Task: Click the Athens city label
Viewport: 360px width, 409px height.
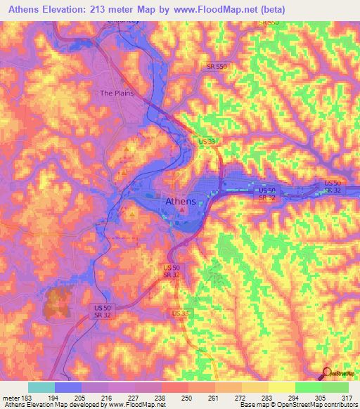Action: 180,201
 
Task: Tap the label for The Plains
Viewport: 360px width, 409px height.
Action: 116,93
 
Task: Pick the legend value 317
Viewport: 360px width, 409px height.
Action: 348,397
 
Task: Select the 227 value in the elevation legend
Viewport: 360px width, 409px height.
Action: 135,397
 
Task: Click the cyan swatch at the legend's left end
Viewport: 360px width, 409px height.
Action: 41,387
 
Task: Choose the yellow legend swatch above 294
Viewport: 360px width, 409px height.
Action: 281,387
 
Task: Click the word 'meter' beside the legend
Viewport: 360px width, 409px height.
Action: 10,397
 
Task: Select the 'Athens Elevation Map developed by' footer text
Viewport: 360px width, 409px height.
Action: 48,405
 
